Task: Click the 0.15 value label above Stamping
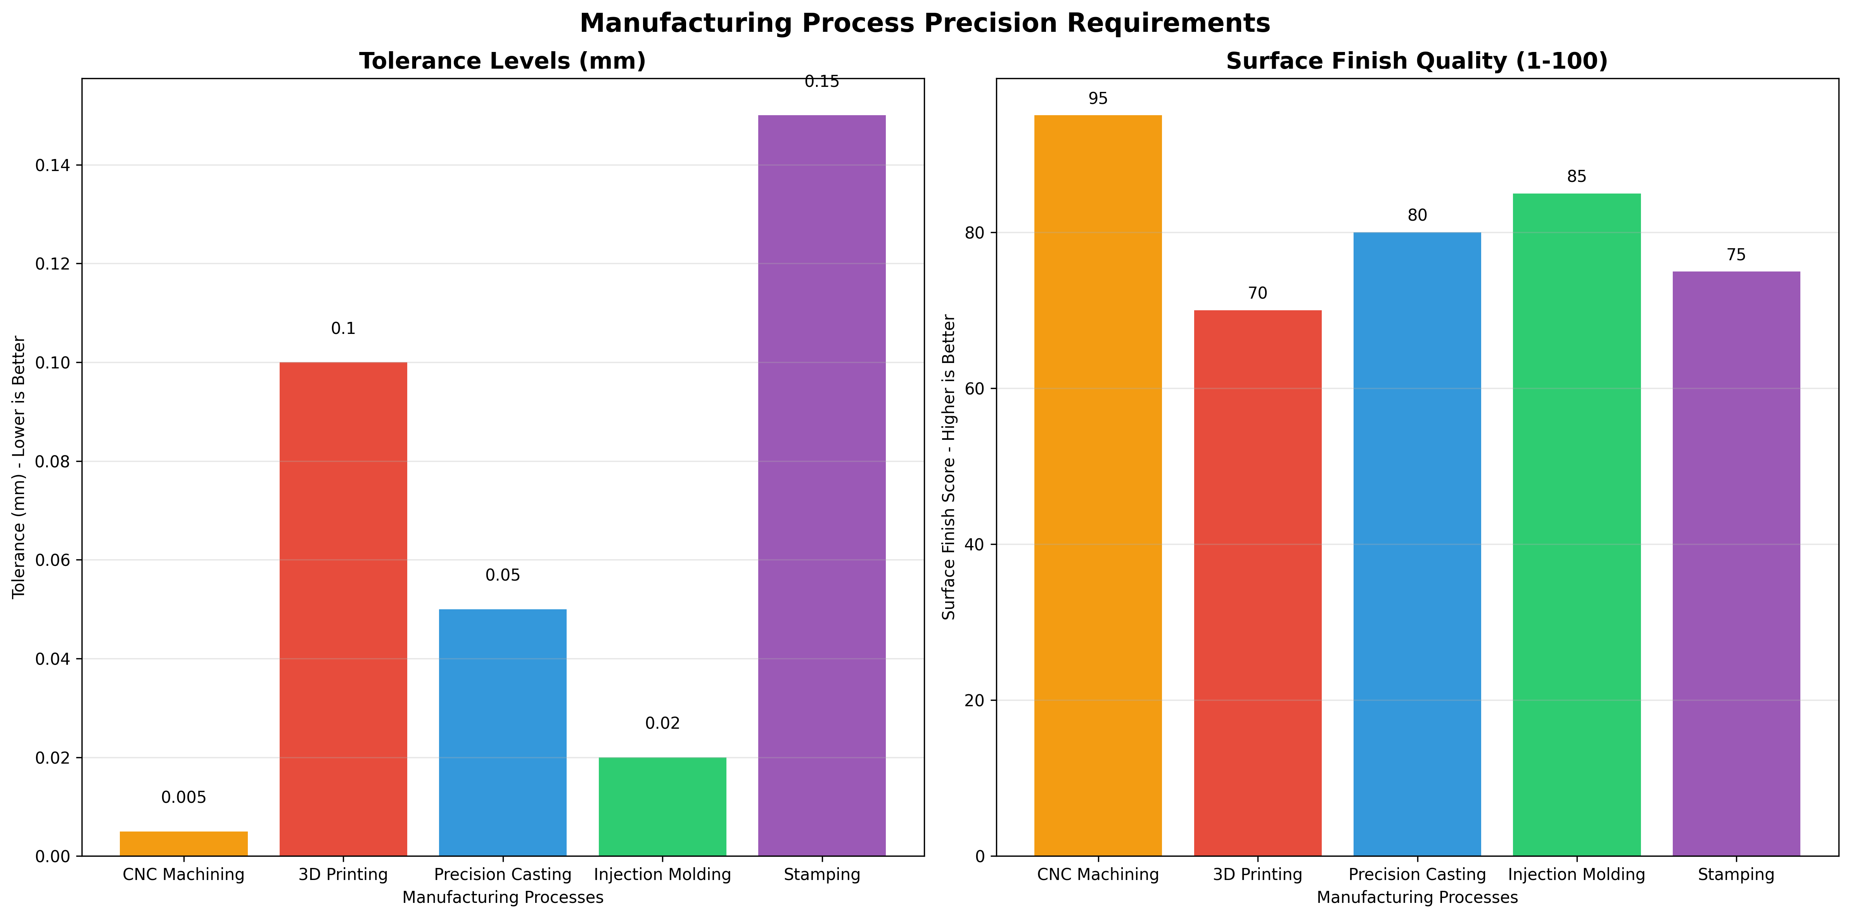821,82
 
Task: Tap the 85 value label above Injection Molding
1576,177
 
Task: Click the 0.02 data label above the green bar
662,723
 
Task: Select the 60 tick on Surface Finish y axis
975,389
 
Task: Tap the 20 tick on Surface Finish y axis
975,700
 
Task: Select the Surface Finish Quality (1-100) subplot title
1416,61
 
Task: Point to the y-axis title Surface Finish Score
949,467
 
